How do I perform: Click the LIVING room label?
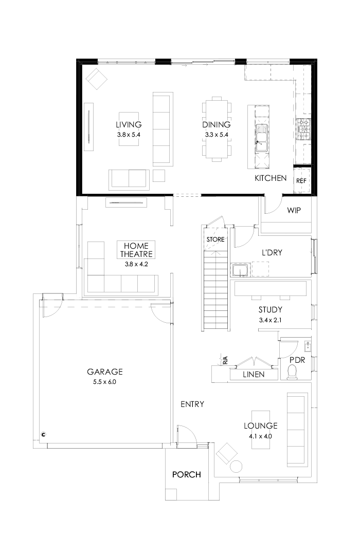(129, 124)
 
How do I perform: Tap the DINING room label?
(216, 124)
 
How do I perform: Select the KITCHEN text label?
(271, 178)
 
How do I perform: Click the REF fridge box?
(301, 181)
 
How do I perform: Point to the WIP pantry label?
(294, 210)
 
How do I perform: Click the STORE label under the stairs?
(215, 239)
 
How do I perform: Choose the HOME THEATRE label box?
(136, 250)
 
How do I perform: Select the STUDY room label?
(271, 310)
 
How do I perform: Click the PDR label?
(297, 360)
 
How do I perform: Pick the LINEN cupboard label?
(253, 375)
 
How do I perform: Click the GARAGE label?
(104, 372)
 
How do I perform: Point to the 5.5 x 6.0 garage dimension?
(104, 382)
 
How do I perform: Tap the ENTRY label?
(192, 404)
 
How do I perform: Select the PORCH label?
(186, 474)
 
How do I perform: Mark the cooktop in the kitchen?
(302, 129)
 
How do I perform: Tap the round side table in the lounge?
(236, 466)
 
